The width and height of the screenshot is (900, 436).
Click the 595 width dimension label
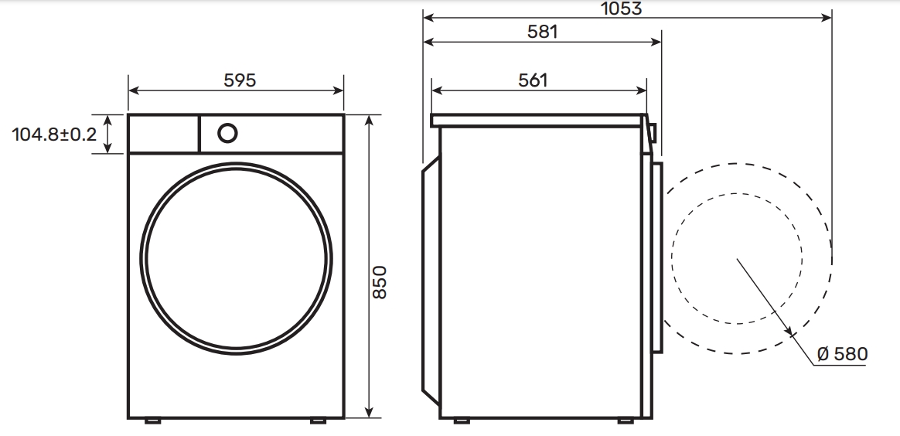click(240, 80)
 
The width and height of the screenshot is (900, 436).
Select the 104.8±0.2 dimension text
click(55, 135)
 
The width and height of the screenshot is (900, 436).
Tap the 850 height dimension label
click(380, 281)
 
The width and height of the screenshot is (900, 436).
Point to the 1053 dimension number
click(621, 9)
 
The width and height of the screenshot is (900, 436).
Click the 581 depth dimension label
click(543, 32)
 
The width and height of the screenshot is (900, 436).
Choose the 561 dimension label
click(533, 80)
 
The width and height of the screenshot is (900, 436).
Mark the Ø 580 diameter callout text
click(842, 354)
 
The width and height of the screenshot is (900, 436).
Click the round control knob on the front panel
click(227, 133)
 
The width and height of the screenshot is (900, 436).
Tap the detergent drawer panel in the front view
click(164, 134)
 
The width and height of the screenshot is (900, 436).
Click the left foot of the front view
click(152, 421)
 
